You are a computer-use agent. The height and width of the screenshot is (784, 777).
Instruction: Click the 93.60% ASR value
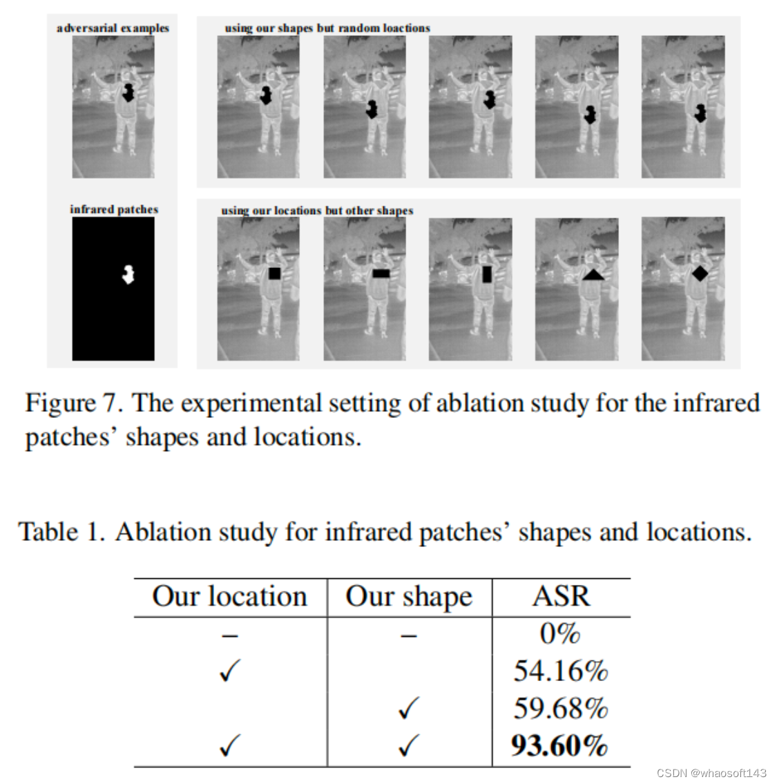559,746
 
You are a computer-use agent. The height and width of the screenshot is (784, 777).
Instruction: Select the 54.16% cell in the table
560,671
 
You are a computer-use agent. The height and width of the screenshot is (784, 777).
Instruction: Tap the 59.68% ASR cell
560,708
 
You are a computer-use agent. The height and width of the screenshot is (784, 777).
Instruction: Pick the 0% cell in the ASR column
559,633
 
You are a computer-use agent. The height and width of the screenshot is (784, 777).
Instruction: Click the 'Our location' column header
229,596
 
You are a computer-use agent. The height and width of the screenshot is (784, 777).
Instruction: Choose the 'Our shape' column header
409,596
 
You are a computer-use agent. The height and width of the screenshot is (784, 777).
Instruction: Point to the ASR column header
561,596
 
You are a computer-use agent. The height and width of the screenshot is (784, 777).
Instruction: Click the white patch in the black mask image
127,274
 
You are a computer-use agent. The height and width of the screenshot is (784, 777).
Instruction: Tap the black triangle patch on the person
593,275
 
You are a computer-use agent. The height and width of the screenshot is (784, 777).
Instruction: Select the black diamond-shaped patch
700,274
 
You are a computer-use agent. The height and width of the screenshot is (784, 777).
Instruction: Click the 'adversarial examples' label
113,28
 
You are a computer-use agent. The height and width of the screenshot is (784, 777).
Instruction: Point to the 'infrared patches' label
114,209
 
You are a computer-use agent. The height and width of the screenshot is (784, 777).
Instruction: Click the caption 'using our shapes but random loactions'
327,28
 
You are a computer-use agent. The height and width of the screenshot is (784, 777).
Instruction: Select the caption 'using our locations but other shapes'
317,210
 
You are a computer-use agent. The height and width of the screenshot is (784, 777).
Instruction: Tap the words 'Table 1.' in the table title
61,532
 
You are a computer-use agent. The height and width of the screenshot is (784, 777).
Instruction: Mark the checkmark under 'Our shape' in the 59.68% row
409,708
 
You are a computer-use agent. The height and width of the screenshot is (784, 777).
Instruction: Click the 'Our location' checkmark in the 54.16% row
229,671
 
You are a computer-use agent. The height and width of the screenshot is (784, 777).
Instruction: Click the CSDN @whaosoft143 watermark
711,772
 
